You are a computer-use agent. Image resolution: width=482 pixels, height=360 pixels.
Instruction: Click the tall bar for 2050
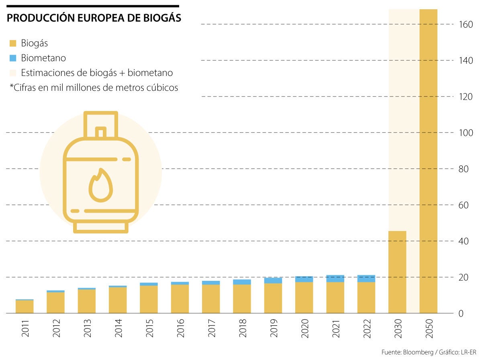(x=428, y=161)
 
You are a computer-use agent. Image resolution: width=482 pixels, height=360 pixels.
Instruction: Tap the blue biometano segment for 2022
(x=366, y=278)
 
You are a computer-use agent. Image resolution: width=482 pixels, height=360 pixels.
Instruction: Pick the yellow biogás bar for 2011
(x=25, y=307)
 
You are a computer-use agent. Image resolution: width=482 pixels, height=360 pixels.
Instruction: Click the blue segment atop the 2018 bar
(x=242, y=282)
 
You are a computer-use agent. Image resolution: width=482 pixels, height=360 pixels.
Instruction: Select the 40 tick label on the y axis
(x=464, y=241)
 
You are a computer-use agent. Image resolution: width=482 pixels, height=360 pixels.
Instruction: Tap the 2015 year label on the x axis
(x=149, y=328)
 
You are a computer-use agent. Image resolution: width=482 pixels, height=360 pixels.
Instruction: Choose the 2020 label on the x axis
(x=304, y=328)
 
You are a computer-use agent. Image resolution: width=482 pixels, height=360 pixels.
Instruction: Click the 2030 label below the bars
(x=398, y=328)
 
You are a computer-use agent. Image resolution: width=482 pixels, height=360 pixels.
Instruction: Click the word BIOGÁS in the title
(x=160, y=18)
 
